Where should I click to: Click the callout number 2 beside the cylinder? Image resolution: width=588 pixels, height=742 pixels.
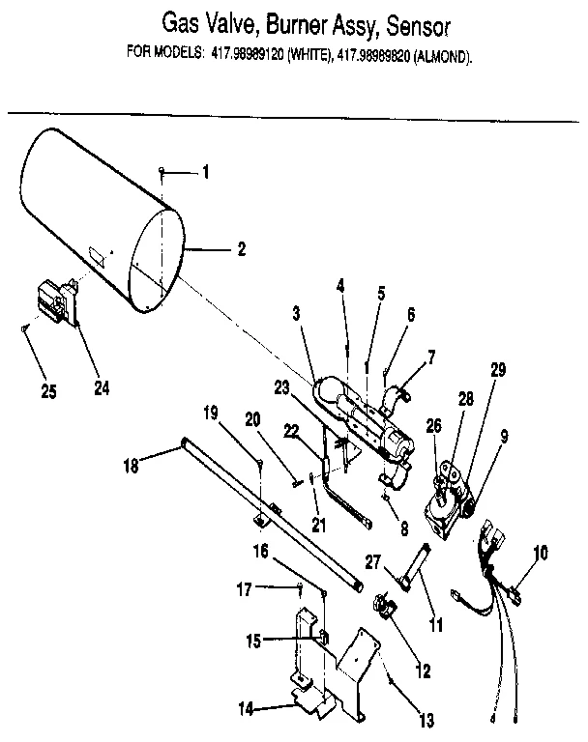(x=241, y=248)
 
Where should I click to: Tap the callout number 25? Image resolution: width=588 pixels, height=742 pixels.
(x=49, y=390)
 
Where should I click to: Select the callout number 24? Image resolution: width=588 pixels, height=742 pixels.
(x=101, y=388)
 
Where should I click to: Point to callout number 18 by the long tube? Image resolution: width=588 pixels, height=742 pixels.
(x=132, y=465)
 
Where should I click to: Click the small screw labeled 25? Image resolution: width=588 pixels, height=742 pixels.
(x=22, y=329)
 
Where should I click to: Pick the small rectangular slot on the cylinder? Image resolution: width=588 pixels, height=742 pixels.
(x=98, y=255)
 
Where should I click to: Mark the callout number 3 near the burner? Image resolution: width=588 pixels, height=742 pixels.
(x=298, y=315)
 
